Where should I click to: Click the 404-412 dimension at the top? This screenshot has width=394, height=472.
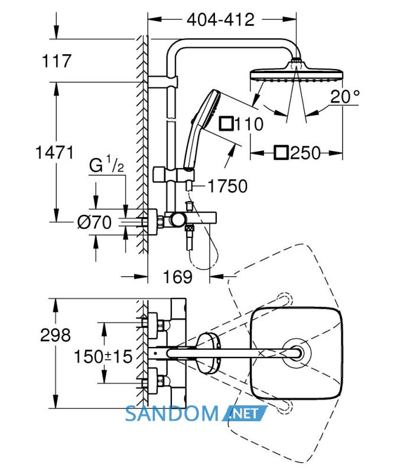220,20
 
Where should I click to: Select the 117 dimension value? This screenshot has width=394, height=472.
57,61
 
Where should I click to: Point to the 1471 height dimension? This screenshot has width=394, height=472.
54,152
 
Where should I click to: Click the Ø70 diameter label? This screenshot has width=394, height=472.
95,222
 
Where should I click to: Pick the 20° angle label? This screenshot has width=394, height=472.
344,97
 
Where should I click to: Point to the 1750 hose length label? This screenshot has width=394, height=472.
227,186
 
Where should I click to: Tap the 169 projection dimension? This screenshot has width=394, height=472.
178,277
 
